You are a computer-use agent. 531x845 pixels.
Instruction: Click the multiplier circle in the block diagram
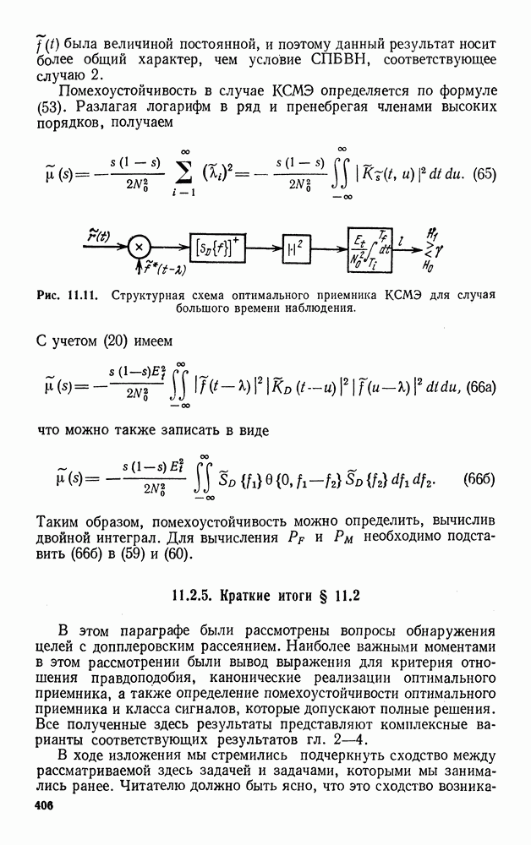click(x=138, y=248)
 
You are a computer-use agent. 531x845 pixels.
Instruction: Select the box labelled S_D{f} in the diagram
click(x=215, y=248)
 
